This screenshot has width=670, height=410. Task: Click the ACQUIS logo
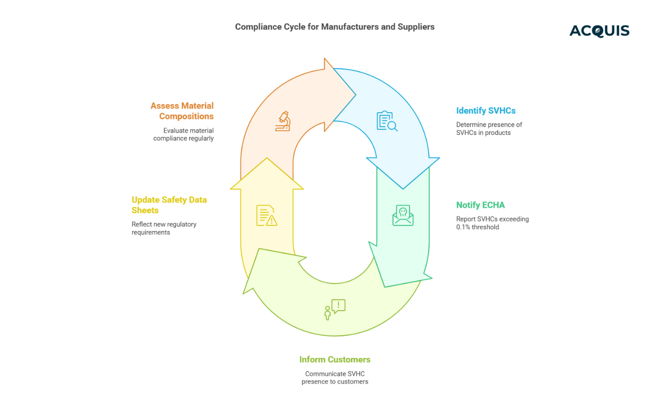tap(599, 31)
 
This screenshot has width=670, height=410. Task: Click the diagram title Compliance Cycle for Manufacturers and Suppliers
tap(335, 26)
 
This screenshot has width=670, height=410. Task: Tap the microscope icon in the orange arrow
tap(283, 121)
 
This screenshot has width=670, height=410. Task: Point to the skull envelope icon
tap(403, 215)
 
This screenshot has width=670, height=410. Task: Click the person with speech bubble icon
tap(334, 309)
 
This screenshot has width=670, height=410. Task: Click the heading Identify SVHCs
tap(486, 111)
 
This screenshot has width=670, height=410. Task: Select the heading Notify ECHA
tap(480, 205)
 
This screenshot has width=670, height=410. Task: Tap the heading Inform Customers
tap(335, 360)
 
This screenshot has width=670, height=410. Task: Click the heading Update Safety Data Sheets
tap(169, 205)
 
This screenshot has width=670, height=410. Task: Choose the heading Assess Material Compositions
tap(182, 111)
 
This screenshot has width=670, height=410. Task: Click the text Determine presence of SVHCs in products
tap(489, 129)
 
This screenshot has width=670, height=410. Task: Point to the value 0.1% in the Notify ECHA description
tap(464, 227)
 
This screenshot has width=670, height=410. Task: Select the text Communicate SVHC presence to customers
tap(335, 378)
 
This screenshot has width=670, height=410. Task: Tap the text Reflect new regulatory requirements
tap(164, 228)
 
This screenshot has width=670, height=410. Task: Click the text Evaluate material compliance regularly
tap(183, 134)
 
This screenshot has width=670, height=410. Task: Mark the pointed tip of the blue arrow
tap(403, 188)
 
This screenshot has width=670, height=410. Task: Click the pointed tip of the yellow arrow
tap(267, 158)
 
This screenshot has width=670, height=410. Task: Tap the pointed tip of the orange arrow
tap(355, 94)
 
